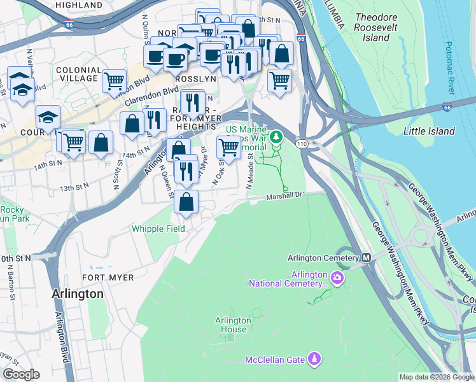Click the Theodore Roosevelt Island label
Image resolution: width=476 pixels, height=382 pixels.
[x=381, y=27]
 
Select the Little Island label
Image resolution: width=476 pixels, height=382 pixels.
[x=429, y=131]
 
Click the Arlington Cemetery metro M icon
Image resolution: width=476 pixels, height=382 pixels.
[x=366, y=258]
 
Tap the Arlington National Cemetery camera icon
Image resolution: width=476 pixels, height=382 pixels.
[x=337, y=278]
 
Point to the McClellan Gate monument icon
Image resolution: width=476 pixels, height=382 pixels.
[x=314, y=360]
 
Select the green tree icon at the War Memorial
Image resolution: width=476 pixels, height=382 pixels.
[x=276, y=136]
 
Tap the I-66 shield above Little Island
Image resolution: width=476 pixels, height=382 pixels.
[x=448, y=107]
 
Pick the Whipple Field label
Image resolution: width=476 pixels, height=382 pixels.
[x=158, y=229]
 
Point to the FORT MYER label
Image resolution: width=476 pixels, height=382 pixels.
[x=108, y=278]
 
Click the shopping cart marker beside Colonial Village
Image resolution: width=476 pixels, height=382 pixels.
[x=113, y=81]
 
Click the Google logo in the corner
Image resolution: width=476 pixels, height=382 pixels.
[x=21, y=374]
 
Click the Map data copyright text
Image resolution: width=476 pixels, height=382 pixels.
[x=437, y=377]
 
